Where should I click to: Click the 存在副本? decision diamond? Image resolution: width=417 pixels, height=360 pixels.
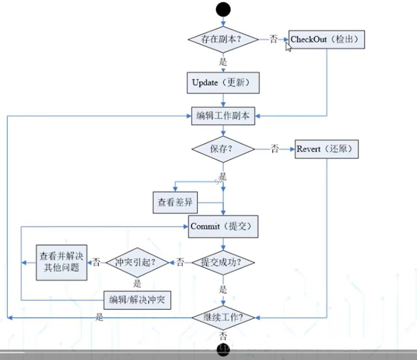click(x=223, y=39)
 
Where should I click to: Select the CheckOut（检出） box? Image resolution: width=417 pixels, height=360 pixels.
click(x=327, y=39)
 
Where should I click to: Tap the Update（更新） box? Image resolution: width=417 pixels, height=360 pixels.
click(x=223, y=83)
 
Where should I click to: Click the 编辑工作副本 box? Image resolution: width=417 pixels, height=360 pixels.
click(x=223, y=116)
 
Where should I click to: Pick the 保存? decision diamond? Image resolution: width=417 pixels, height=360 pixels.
click(x=223, y=149)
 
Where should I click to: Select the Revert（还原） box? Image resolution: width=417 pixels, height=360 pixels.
click(x=326, y=149)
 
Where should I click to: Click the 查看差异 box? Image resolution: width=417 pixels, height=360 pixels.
click(x=175, y=203)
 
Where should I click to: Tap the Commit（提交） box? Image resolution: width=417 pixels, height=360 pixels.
click(x=223, y=226)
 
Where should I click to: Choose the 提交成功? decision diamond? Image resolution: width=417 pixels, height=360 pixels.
click(x=223, y=262)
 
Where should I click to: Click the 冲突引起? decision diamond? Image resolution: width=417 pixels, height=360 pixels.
click(x=138, y=262)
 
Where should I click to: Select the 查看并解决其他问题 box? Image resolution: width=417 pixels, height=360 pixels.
click(x=61, y=262)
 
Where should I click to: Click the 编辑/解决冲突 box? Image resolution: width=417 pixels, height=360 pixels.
click(x=137, y=300)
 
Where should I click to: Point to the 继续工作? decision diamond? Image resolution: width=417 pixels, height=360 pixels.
click(x=223, y=318)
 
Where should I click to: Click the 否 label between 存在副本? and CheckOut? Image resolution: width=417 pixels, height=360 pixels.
click(x=274, y=39)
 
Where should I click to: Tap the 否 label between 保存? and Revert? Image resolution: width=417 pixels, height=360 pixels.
click(x=275, y=149)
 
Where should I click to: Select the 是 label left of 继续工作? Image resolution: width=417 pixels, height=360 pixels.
click(x=99, y=318)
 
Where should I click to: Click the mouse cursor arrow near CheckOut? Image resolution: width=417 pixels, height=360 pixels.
click(x=288, y=47)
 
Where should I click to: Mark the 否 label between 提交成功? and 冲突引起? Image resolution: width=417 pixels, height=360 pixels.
click(x=180, y=262)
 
